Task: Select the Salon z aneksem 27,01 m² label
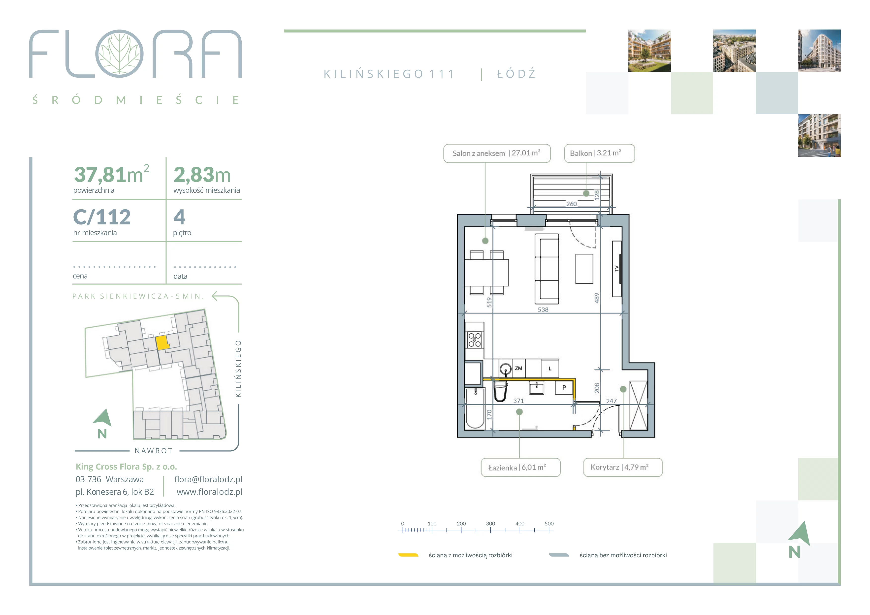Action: [x=497, y=153]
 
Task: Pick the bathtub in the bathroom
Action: [x=475, y=408]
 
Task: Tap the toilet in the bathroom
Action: [x=501, y=391]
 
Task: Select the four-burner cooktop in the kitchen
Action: [x=474, y=340]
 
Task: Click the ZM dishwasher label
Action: [x=518, y=368]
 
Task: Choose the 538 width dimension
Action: [x=543, y=310]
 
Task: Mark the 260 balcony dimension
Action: [x=571, y=204]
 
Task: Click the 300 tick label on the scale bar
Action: [x=490, y=524]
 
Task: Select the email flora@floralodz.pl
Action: [x=208, y=479]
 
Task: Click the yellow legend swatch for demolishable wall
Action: [x=408, y=555]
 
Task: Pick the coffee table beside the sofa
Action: [x=584, y=269]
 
